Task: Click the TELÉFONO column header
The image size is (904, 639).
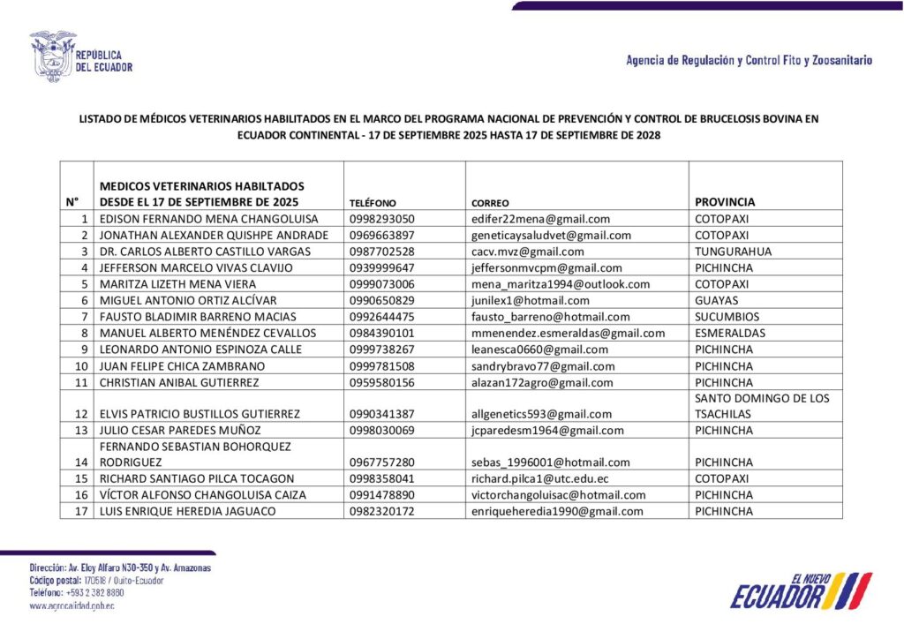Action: pos(373,203)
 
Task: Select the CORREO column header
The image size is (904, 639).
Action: pos(490,203)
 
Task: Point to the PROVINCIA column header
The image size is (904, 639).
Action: pos(725,202)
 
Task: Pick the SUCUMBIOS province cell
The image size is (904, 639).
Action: pos(727,317)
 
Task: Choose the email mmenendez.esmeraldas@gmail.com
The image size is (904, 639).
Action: pos(569,334)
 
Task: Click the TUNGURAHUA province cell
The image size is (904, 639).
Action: pos(733,252)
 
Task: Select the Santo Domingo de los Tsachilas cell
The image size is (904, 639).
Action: pos(762,406)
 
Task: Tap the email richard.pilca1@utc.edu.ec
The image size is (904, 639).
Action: pos(540,479)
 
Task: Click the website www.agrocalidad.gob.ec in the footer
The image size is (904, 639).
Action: pos(72,606)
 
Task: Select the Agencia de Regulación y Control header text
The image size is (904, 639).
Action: pos(749,61)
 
